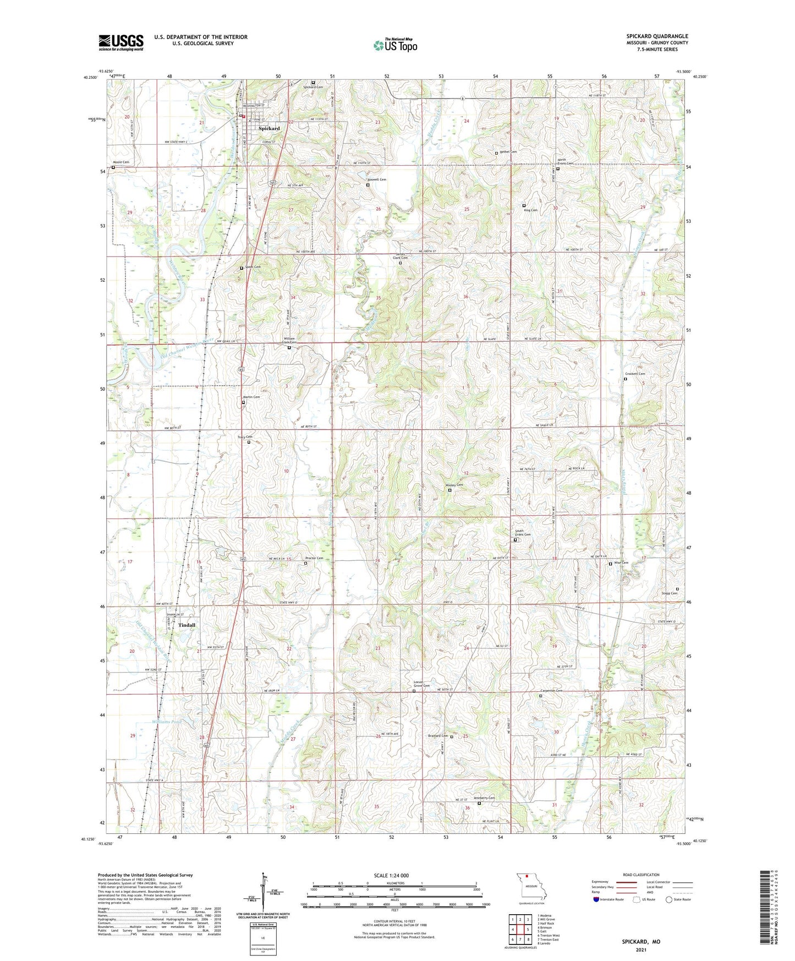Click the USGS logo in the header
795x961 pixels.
121,42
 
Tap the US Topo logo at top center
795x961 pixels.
395,45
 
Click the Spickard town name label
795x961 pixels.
270,128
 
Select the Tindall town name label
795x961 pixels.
187,625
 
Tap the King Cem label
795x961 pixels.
530,210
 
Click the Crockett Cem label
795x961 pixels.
635,374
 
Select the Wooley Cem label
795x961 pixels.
454,485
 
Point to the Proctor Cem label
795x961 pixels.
314,558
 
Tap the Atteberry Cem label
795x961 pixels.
485,798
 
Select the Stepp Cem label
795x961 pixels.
670,593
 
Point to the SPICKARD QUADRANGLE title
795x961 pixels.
657,36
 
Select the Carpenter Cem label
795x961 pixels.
551,691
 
